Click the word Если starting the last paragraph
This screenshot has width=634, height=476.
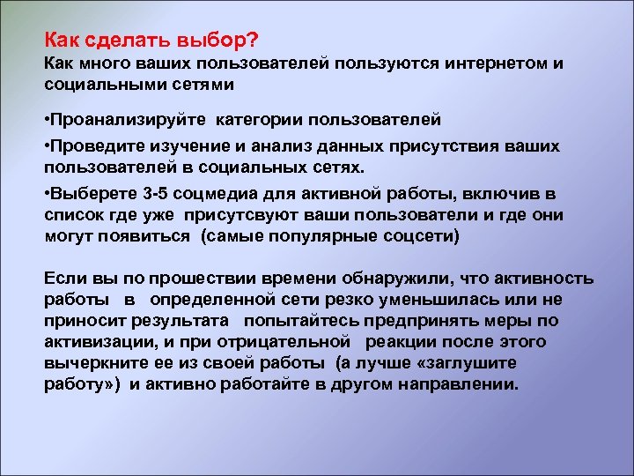pos(66,279)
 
